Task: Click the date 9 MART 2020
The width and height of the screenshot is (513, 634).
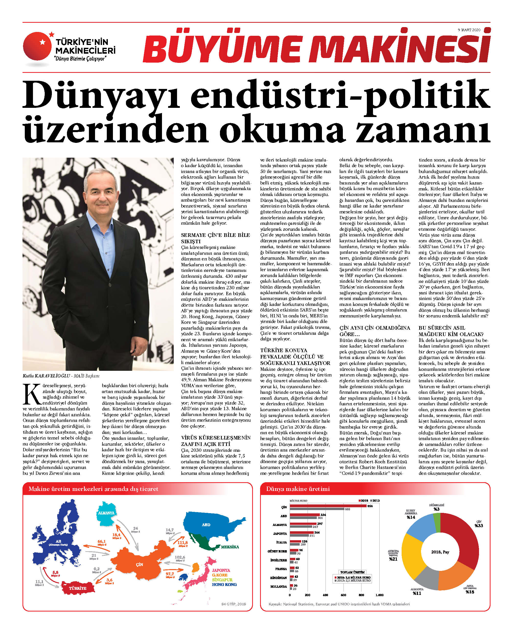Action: (x=469, y=30)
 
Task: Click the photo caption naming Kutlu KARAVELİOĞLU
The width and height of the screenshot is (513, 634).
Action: (x=61, y=376)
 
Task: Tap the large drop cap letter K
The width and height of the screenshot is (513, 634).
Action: (x=32, y=394)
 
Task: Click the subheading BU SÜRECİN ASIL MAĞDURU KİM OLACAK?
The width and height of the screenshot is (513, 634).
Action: (x=451, y=331)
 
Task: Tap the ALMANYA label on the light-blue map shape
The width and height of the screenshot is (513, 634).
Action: (x=106, y=513)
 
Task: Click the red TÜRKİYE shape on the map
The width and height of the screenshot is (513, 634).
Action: (x=78, y=588)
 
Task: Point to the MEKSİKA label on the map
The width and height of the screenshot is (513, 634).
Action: (x=230, y=547)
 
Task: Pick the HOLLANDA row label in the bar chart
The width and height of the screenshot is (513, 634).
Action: (x=278, y=586)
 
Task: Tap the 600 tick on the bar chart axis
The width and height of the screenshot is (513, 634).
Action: (x=343, y=595)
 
